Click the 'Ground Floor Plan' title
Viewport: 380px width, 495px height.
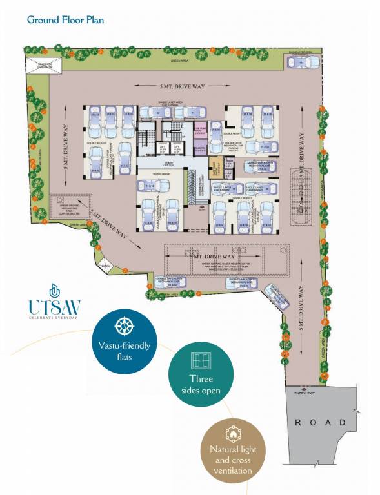click(65, 19)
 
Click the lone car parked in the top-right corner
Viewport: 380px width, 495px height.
click(301, 63)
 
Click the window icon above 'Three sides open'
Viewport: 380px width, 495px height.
click(199, 360)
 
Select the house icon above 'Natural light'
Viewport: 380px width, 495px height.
click(232, 432)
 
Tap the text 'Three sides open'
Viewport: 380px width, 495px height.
click(201, 384)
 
